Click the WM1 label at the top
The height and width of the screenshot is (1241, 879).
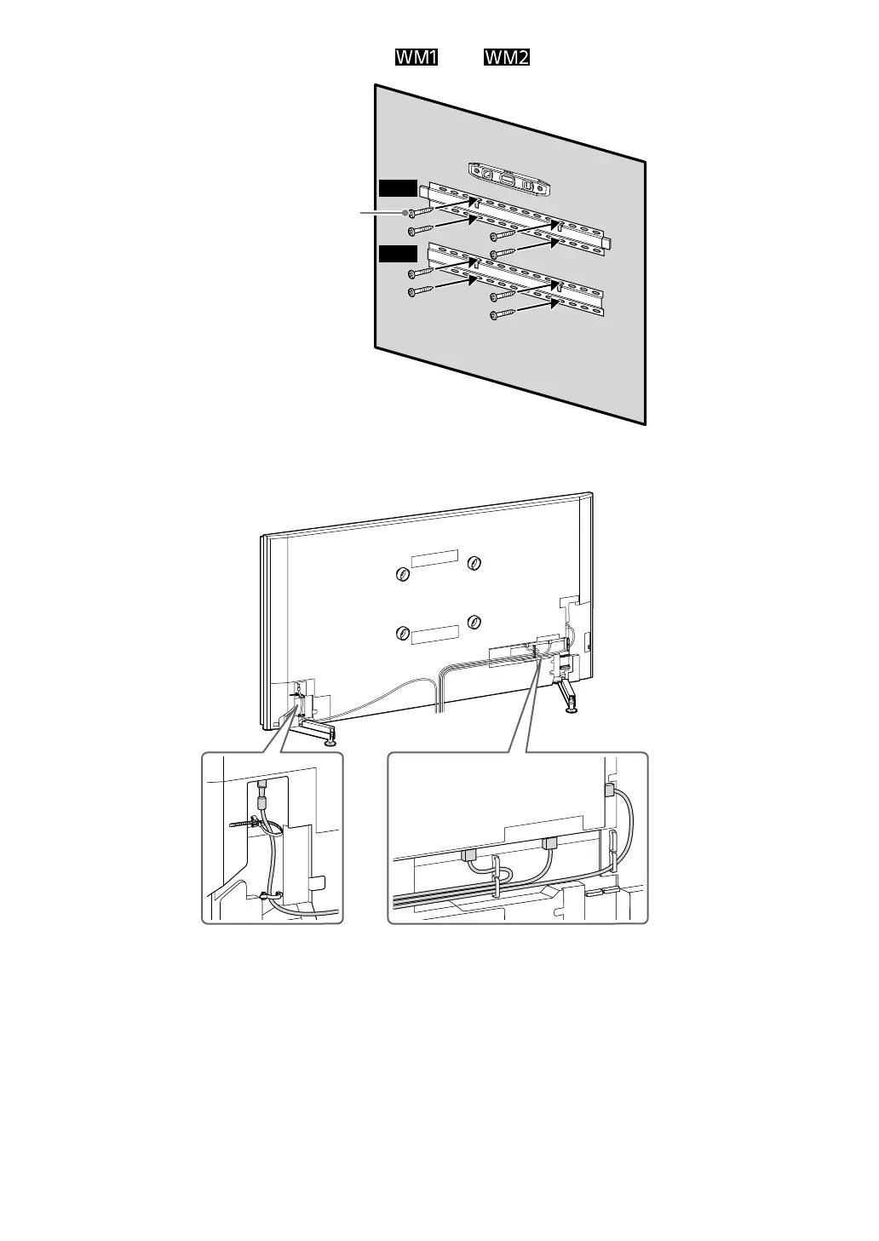pos(416,58)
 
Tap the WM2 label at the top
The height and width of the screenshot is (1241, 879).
pos(507,58)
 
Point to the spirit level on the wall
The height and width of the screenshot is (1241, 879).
pos(507,178)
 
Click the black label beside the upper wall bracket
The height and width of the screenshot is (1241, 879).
pos(398,188)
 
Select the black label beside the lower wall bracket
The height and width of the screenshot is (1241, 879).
pos(398,253)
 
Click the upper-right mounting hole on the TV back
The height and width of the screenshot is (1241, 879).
pos(474,562)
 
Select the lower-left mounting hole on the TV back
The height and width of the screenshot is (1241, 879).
pos(402,633)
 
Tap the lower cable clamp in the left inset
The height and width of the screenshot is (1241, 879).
pos(265,896)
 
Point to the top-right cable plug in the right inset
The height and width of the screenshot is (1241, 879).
pos(609,790)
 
